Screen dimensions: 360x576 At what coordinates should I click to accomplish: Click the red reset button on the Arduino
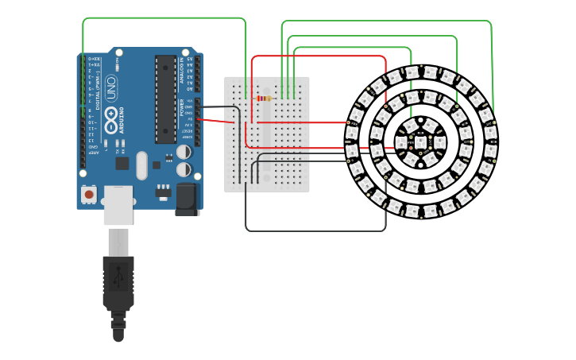click(89, 194)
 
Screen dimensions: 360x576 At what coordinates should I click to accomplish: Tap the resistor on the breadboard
click(263, 99)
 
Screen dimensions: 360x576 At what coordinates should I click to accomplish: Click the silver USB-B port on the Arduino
click(118, 204)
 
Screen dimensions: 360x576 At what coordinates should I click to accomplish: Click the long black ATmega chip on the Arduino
click(165, 99)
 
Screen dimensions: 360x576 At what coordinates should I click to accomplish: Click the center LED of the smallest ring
click(420, 142)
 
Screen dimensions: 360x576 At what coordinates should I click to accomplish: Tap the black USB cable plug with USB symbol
click(118, 281)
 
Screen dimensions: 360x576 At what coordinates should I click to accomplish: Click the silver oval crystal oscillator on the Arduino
click(141, 165)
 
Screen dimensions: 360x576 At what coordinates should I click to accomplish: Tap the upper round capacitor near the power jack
click(184, 151)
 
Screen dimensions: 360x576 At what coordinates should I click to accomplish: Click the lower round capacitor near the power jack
click(184, 169)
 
